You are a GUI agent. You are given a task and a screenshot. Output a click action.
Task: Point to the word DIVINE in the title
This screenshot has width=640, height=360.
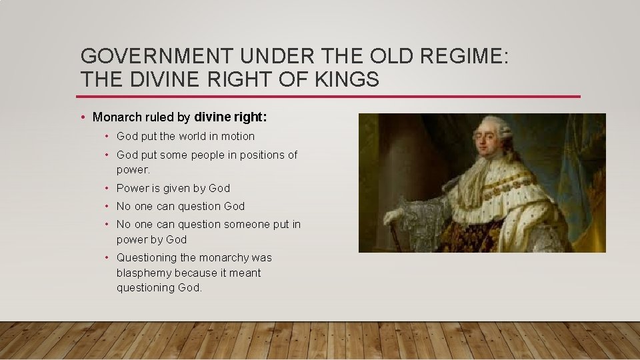tap(168, 79)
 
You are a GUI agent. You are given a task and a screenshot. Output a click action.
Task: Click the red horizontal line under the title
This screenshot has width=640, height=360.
tap(330, 97)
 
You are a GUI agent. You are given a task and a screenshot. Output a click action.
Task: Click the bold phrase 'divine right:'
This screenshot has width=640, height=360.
tap(231, 117)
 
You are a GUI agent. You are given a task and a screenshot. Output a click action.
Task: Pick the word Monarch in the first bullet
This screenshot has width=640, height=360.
tap(117, 117)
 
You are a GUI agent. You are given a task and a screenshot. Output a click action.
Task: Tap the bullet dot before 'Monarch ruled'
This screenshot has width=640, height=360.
tap(82, 117)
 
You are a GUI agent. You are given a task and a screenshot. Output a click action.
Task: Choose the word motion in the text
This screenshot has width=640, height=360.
tap(238, 136)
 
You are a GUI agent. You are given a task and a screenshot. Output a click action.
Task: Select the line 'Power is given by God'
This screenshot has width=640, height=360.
tap(173, 188)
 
